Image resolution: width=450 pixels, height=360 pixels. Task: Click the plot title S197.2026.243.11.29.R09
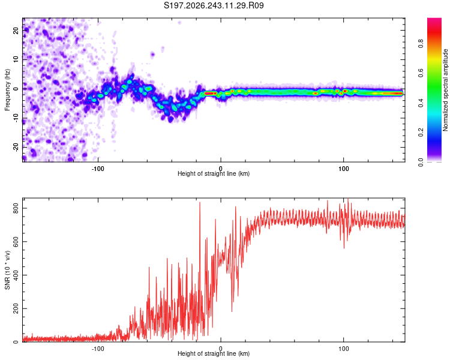coord(214,5)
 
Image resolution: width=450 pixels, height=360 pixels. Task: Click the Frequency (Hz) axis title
coord(7,90)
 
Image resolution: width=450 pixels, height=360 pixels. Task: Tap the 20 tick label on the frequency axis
coord(16,30)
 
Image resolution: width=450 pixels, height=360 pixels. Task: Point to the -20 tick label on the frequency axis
coord(16,147)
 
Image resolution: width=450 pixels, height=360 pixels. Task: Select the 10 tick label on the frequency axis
coord(16,59)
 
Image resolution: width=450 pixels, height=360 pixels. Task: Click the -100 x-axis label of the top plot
coord(98,169)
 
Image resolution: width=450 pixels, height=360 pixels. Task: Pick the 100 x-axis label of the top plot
coord(344,169)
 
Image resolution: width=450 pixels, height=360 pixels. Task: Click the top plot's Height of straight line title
coord(214,173)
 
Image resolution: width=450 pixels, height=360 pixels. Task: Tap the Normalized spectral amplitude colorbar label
coord(445,90)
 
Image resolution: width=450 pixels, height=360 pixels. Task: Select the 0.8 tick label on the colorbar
coord(421,44)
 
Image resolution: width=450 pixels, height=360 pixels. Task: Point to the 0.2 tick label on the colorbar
coord(421,133)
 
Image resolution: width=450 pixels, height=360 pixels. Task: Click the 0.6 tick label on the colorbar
coord(421,73)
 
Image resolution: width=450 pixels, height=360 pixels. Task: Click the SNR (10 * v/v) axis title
coord(7,270)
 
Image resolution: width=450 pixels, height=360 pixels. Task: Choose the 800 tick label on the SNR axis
coord(16,208)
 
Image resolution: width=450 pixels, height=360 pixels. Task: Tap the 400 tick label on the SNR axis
coord(16,275)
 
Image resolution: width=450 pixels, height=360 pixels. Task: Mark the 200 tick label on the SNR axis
coord(16,308)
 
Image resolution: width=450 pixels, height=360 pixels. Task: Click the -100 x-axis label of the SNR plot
coord(98,349)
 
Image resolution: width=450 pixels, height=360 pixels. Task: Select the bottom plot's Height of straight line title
coord(214,353)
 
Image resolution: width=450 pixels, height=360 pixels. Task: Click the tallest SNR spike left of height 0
coord(200,203)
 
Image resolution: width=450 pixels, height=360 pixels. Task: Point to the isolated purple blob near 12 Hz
coord(152,54)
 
